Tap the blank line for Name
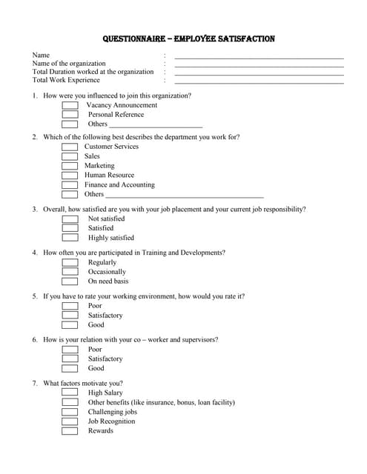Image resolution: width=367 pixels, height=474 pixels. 259,57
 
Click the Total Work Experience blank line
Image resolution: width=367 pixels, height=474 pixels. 259,81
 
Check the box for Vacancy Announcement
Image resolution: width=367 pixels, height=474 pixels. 70,105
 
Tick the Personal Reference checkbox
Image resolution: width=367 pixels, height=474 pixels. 70,115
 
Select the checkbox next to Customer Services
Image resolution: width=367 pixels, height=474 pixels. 70,147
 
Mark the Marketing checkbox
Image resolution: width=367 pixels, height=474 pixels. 70,166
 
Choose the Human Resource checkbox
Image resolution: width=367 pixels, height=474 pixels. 70,176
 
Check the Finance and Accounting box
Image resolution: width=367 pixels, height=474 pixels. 70,185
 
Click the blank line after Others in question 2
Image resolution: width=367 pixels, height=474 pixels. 185,196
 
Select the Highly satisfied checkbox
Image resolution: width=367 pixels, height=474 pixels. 70,238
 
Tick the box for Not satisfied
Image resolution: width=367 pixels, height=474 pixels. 70,218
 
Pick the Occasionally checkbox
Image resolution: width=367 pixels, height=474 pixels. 70,272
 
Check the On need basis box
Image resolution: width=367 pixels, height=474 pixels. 70,281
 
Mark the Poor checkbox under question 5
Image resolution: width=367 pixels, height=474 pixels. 70,306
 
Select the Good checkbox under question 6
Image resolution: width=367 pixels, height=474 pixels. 70,368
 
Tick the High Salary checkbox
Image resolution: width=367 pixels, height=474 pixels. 70,393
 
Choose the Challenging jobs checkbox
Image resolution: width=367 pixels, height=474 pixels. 70,412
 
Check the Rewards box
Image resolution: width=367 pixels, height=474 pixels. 70,431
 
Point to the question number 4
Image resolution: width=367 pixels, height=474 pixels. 35,253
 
